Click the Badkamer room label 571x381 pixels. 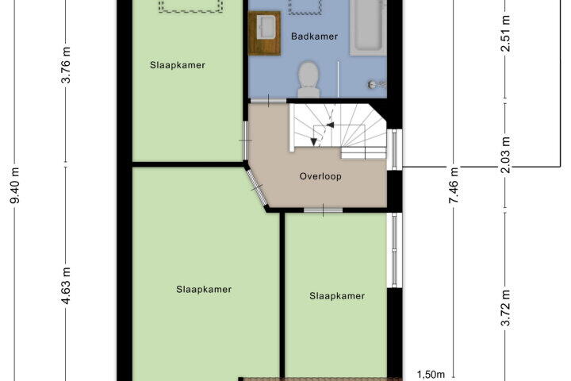coord(314,37)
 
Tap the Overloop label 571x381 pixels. coord(320,176)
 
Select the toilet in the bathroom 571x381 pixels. coord(308,79)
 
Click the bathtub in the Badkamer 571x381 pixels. coord(368,28)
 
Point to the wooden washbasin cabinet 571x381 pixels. coord(264,33)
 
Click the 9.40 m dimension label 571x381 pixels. coord(15,185)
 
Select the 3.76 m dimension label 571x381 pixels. coord(66,65)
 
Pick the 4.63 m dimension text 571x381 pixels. coord(66,286)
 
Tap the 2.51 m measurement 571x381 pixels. coord(505,33)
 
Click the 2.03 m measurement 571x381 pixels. coord(505,155)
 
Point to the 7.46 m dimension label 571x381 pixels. coord(454,185)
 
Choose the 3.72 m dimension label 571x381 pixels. coord(505,308)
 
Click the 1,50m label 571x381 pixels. coord(431,375)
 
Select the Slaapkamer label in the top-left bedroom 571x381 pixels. coord(178,65)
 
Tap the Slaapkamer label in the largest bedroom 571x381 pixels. coord(204,290)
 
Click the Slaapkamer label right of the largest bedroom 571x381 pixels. coord(337,296)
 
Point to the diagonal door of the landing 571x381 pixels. coord(256,188)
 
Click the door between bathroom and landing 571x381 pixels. coord(269,101)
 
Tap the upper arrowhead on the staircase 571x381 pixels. coord(330,125)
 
